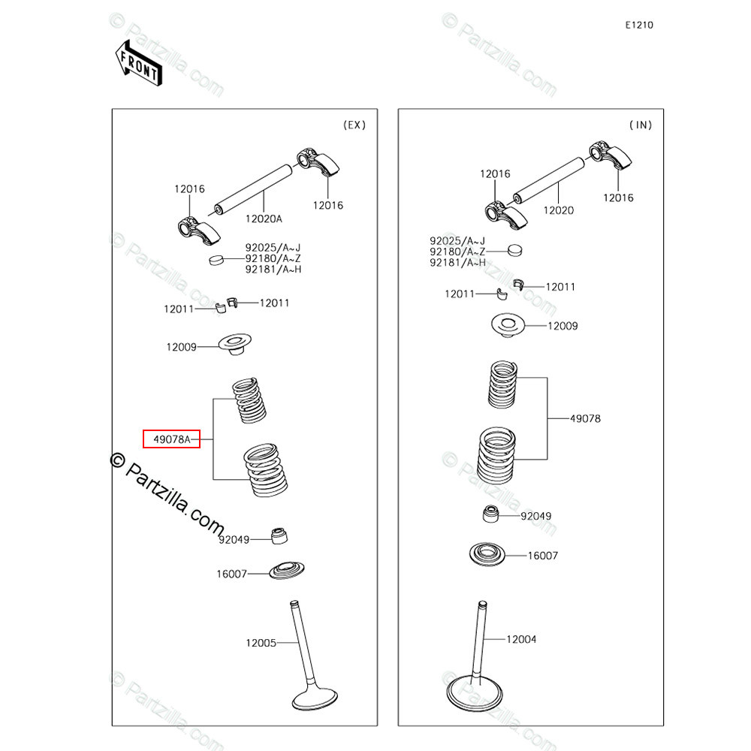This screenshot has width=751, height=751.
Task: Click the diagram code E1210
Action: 639,25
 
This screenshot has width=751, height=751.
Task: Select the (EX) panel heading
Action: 354,125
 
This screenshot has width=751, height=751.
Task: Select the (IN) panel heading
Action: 640,125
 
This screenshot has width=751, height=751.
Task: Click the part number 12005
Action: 261,643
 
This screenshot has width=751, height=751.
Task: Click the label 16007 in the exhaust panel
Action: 231,574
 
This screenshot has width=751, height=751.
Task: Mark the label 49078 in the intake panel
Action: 585,418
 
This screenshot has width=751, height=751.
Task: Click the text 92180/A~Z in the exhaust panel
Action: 273,258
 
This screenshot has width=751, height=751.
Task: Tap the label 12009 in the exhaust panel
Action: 181,347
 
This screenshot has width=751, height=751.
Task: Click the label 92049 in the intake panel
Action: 535,516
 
